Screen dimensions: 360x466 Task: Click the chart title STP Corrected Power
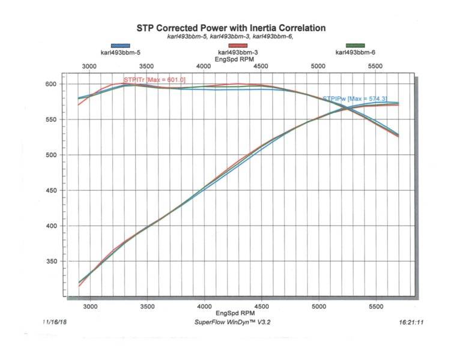click(231, 28)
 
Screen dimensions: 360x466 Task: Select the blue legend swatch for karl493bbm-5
click(120, 46)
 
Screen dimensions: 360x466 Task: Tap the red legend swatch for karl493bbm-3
click(238, 46)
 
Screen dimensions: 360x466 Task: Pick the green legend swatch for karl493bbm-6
click(355, 46)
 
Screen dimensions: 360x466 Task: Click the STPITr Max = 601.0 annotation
click(154, 80)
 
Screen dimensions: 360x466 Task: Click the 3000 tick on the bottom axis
click(90, 305)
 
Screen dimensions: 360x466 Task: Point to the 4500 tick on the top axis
click(262, 67)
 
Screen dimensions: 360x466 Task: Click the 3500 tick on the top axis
click(147, 67)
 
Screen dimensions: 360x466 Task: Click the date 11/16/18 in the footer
click(56, 322)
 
